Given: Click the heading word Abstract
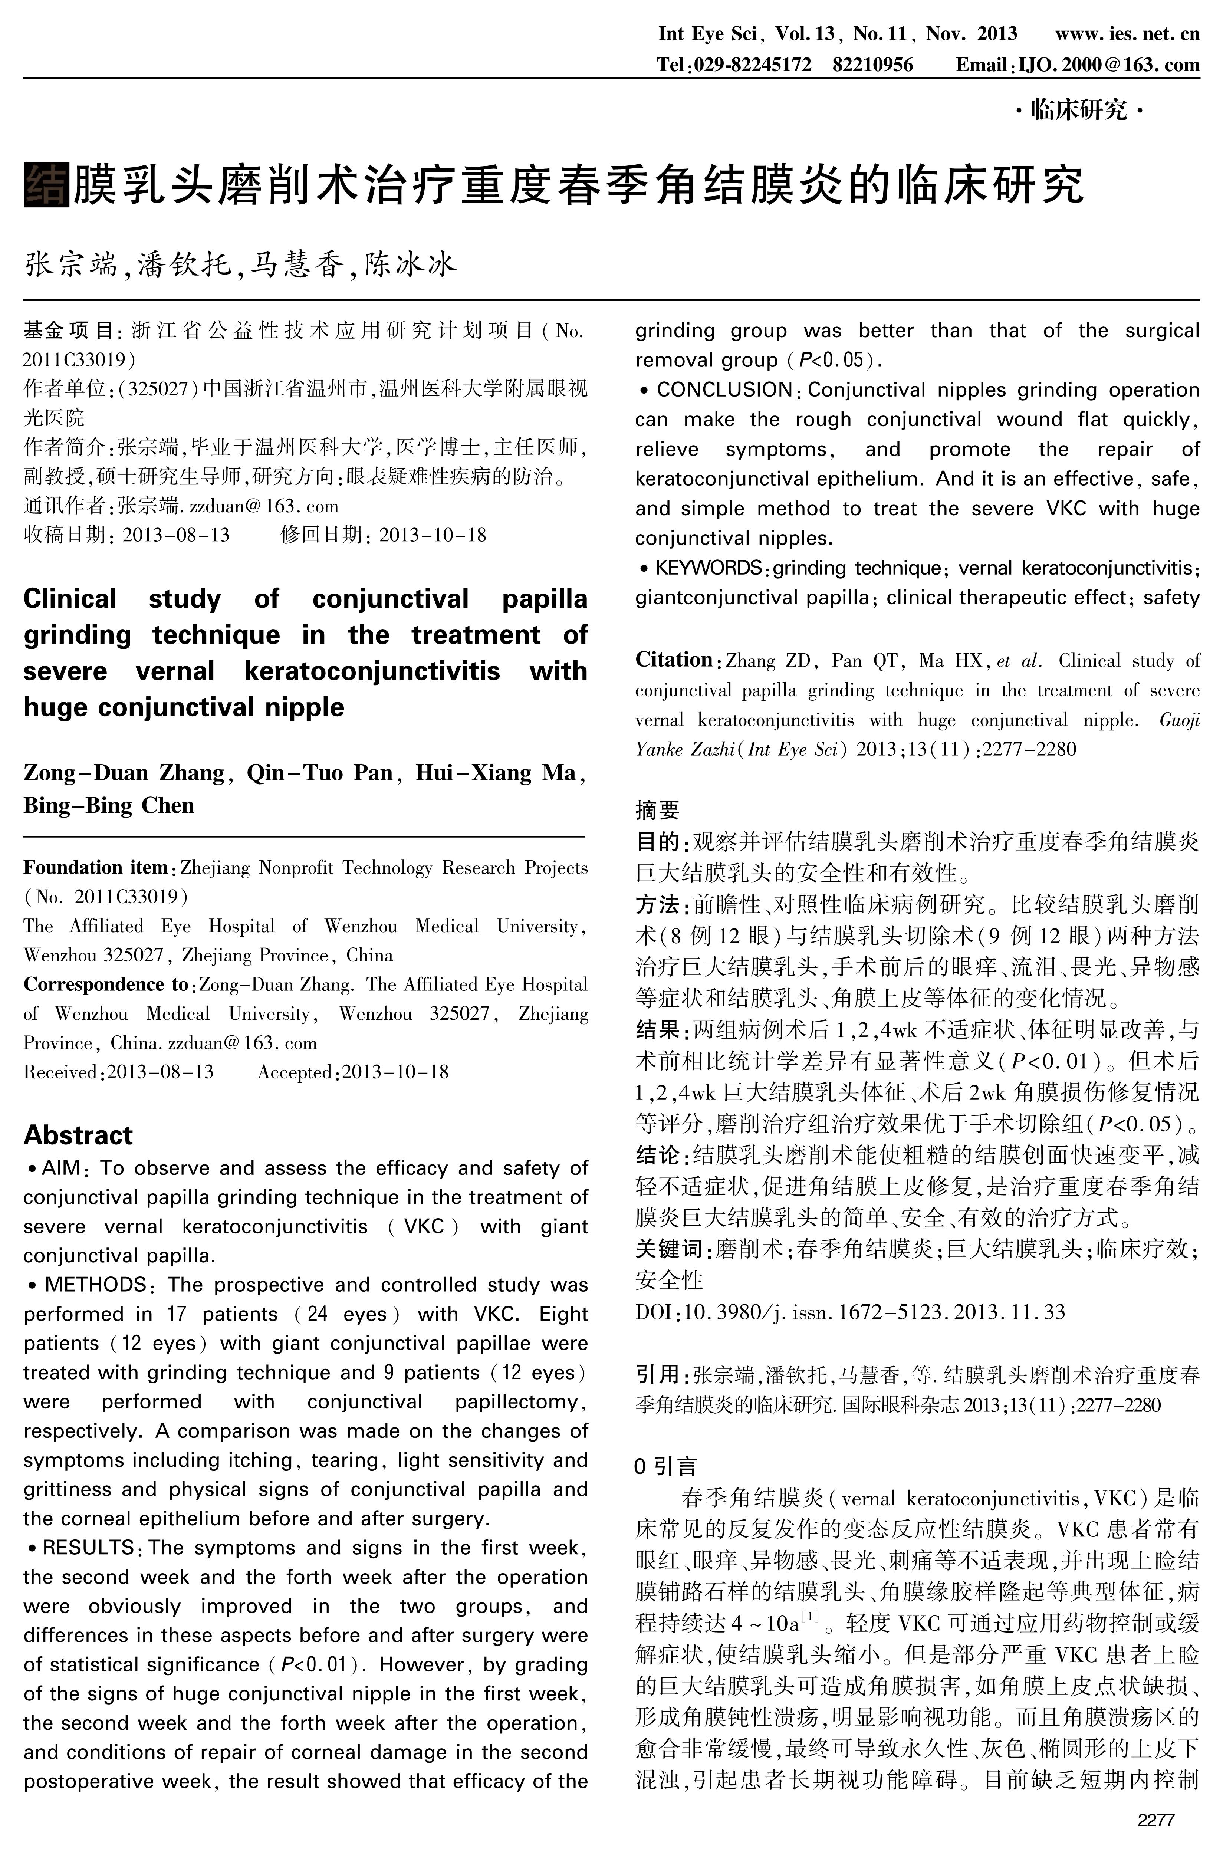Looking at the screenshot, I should [x=78, y=1135].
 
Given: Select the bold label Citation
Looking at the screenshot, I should [x=674, y=660].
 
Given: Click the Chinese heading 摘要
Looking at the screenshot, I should [x=658, y=811].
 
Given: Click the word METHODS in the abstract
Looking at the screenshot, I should [x=95, y=1285].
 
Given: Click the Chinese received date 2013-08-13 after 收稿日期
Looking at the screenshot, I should [x=176, y=535].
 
